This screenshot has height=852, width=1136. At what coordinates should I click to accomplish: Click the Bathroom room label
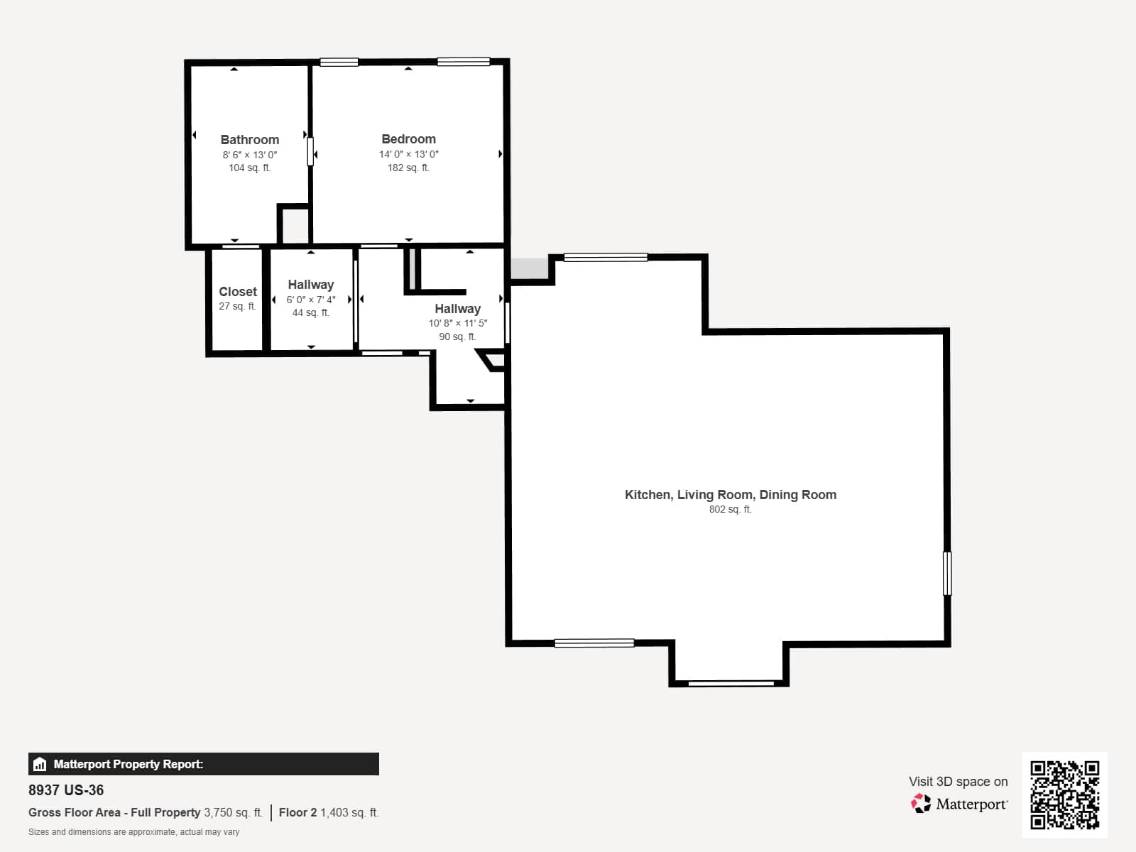tap(249, 140)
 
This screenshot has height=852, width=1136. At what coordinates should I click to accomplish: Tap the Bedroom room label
tap(408, 139)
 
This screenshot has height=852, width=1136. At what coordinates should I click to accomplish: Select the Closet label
tap(238, 291)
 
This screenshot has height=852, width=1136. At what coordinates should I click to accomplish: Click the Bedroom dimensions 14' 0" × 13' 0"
tap(408, 154)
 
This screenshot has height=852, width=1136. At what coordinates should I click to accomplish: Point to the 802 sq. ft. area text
tap(730, 509)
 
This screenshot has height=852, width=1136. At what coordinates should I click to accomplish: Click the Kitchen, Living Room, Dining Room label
tap(731, 495)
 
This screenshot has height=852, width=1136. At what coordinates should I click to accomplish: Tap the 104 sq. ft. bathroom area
tap(249, 168)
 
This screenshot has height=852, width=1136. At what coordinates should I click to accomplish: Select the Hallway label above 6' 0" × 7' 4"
tap(310, 285)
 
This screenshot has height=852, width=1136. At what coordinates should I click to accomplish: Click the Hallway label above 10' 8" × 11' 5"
tap(457, 309)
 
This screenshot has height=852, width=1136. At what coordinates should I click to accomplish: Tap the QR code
tap(1064, 794)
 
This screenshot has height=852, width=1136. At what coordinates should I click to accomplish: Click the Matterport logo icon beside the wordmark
tap(921, 804)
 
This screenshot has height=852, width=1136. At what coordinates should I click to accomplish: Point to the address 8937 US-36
tap(66, 790)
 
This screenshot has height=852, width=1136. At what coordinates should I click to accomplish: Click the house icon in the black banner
tap(40, 764)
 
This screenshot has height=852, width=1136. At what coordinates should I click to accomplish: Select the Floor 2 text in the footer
tap(297, 812)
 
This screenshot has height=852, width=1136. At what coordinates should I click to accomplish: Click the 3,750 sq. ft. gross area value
tap(233, 812)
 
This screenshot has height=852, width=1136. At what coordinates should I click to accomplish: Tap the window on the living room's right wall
tap(947, 573)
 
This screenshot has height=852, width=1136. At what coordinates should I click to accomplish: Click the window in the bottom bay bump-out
tap(731, 683)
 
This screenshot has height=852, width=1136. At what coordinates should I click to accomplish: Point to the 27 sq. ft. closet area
tap(238, 306)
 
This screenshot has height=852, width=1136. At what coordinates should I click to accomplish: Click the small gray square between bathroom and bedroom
tap(295, 226)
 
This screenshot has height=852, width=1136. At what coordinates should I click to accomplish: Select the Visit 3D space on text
tap(958, 781)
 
